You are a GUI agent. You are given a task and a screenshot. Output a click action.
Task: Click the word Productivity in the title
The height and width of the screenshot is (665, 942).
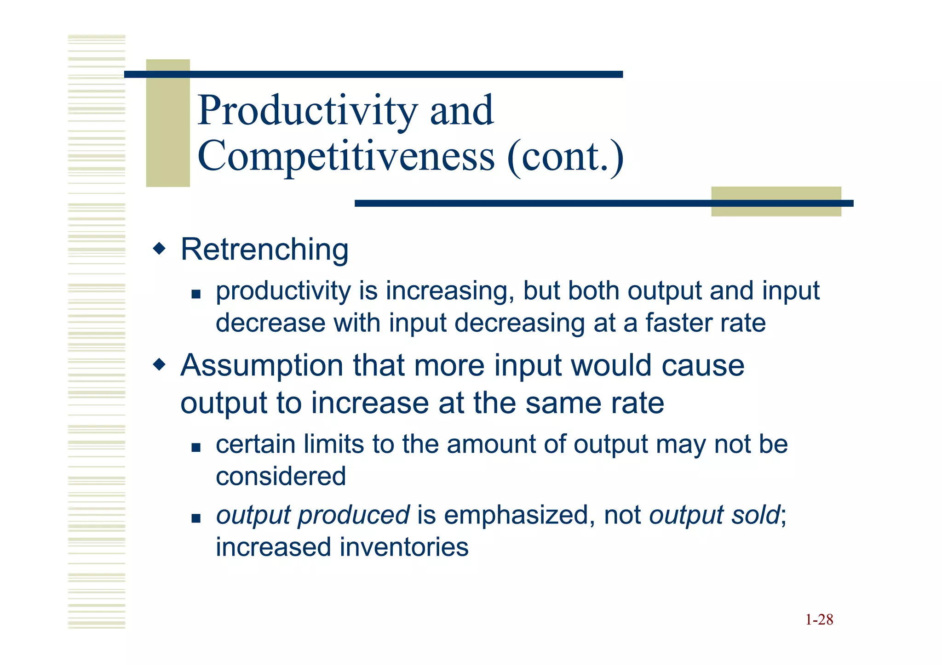pos(307,110)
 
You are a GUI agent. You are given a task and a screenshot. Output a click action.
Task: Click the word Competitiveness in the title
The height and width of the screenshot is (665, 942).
pos(346,156)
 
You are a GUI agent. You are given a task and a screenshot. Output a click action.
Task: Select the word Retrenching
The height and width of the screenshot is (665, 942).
pos(264,250)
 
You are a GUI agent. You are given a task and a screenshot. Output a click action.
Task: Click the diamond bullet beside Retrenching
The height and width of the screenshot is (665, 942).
pos(159,249)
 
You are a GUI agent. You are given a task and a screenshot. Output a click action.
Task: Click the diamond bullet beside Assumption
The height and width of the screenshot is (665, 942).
pos(159,365)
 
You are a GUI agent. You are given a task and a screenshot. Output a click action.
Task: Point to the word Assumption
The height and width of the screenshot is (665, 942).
pos(262,366)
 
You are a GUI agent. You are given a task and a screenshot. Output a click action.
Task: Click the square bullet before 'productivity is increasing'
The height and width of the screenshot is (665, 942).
pos(196,294)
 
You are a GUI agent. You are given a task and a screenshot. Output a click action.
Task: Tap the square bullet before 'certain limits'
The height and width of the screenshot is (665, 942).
pos(196,447)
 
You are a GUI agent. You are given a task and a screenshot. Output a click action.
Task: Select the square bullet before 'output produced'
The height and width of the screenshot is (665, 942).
pos(196,518)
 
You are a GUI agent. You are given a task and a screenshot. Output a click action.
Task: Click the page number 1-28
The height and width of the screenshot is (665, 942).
pos(819,620)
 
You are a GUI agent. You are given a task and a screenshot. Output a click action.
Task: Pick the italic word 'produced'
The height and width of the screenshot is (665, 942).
pos(354,516)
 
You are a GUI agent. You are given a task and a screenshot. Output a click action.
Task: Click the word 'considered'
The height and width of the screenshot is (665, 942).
pos(281,476)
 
